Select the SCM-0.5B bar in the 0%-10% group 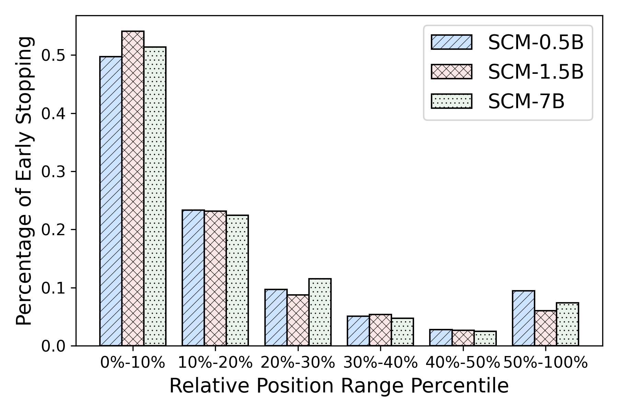coord(111,201)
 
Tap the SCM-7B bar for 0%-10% coord(155,196)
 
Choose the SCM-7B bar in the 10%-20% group coord(237,280)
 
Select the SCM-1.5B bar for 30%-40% coord(380,330)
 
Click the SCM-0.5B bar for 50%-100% coord(524,318)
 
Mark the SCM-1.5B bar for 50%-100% coord(546,328)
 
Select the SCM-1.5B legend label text coord(536,72)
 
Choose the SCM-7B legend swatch coord(451,102)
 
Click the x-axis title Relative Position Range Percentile coord(339,386)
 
